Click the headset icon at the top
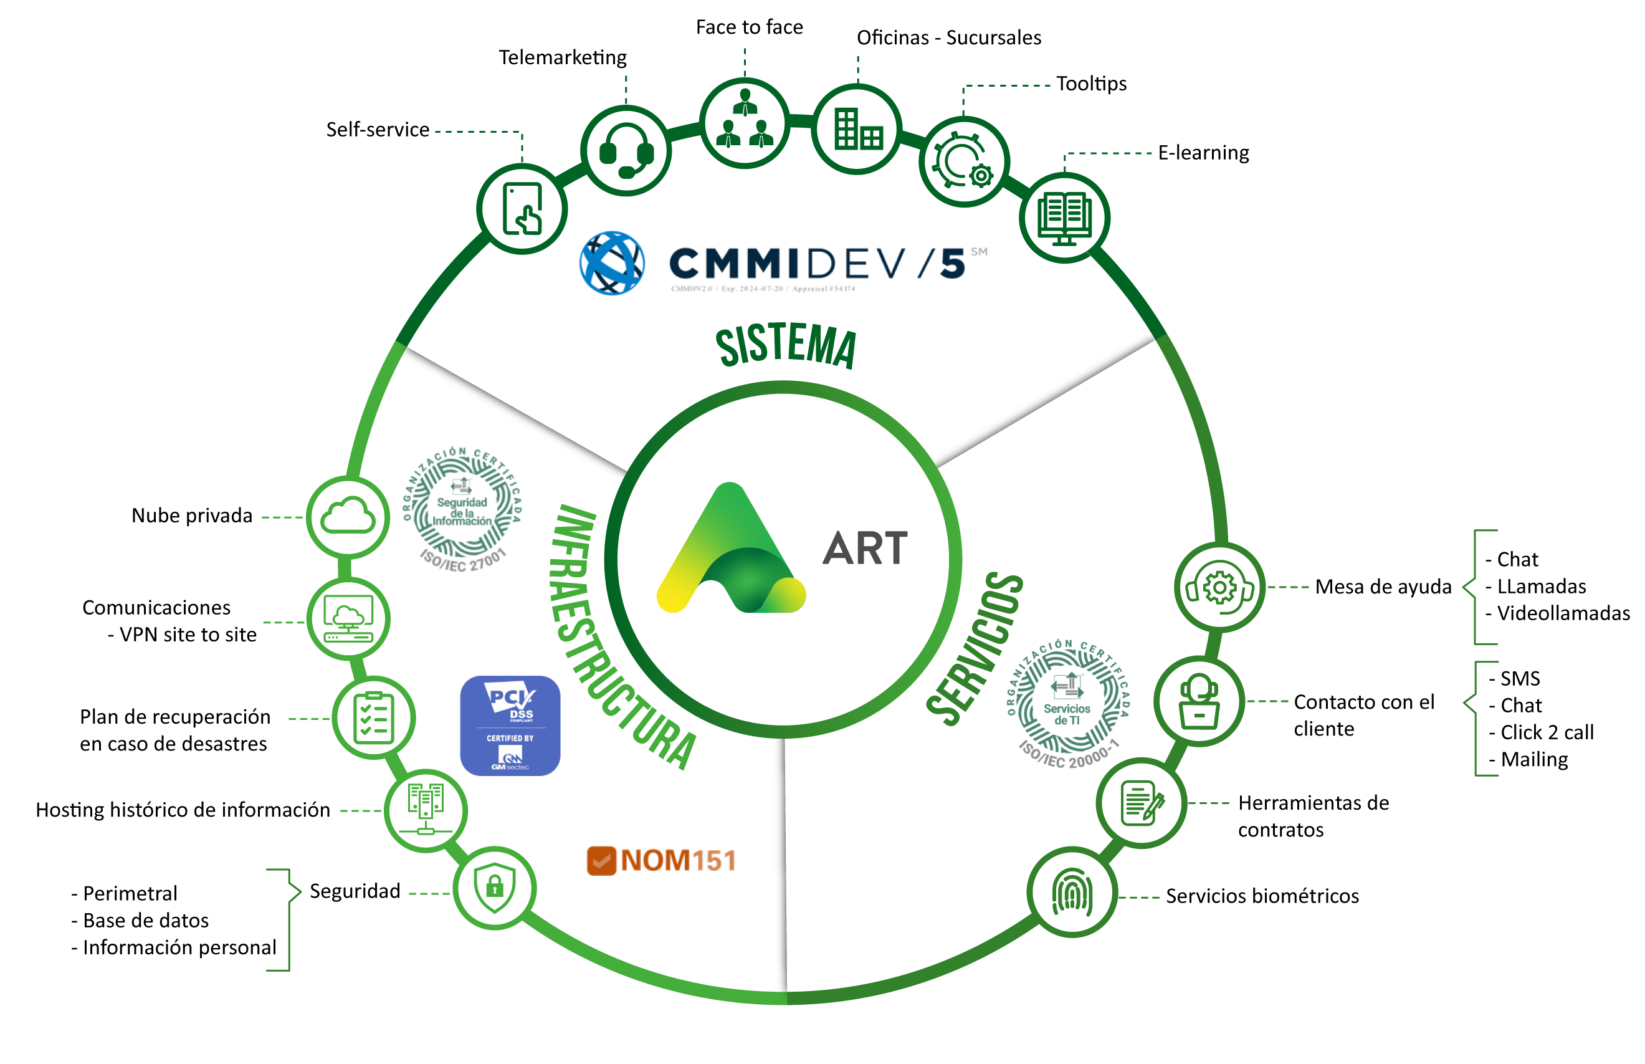click(x=626, y=151)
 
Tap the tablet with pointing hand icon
click(x=522, y=209)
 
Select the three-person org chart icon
click(x=745, y=122)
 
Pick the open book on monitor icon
click(x=1064, y=218)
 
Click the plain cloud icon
click(x=349, y=516)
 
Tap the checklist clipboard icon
click(x=374, y=718)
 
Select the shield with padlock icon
click(x=495, y=887)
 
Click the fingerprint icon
click(x=1072, y=892)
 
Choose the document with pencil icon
click(x=1142, y=803)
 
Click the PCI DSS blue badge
click(x=510, y=726)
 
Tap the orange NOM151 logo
click(x=662, y=861)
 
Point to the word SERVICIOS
click(x=975, y=649)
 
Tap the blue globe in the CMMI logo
click(x=612, y=263)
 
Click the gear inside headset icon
click(x=1219, y=587)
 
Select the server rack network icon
click(x=426, y=810)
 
